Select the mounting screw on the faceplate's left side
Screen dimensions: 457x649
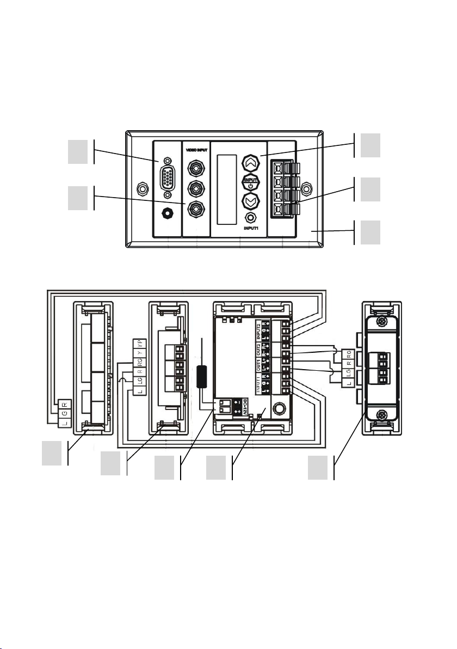click(141, 189)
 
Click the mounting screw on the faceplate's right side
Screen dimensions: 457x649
click(307, 189)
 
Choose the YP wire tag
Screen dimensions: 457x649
click(140, 344)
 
